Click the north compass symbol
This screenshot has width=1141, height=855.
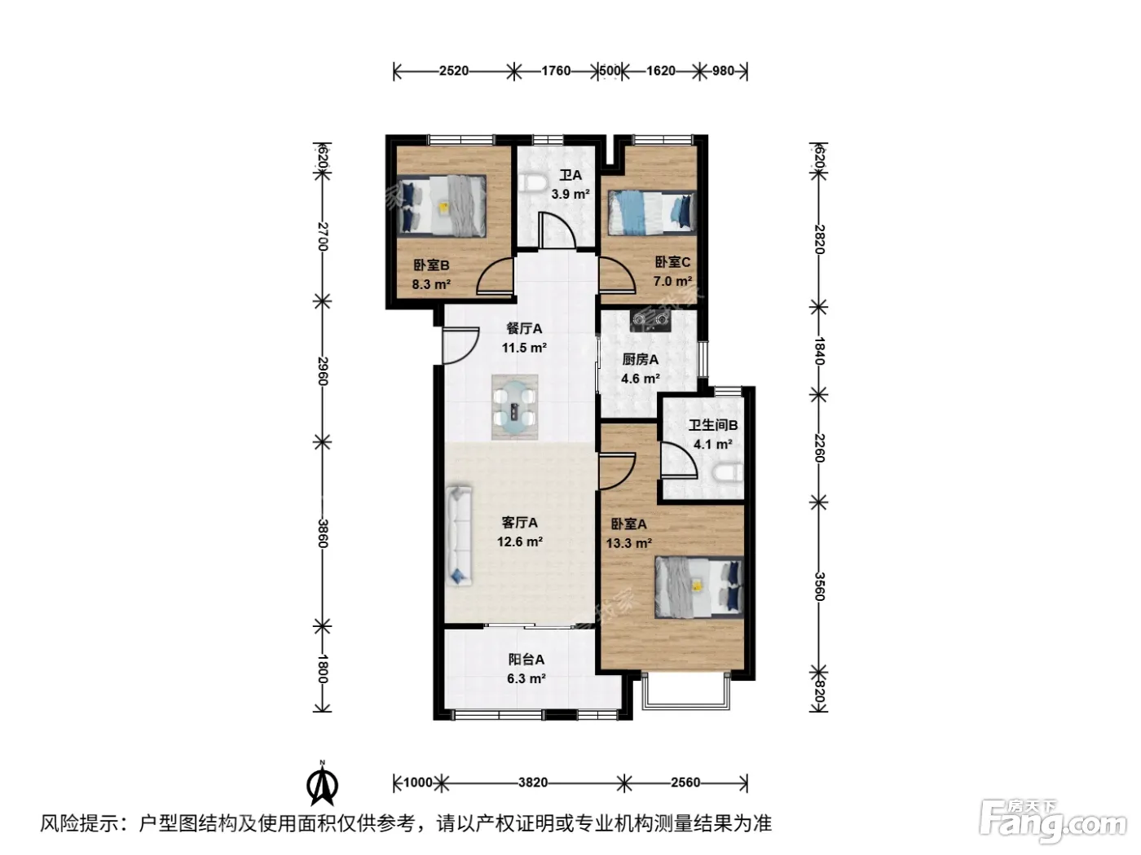point(322,786)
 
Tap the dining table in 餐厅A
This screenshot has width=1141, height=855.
point(514,407)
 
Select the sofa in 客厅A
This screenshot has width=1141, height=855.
point(458,537)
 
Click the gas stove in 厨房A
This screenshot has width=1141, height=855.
point(650,320)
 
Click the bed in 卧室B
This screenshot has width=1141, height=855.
point(442,206)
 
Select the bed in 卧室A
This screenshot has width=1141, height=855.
point(699,587)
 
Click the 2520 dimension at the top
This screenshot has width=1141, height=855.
point(454,71)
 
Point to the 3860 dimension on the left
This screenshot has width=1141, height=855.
point(323,533)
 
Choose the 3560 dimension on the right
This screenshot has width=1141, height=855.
point(819,586)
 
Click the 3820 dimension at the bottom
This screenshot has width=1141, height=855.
point(533,783)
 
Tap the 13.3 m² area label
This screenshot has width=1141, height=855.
point(629,543)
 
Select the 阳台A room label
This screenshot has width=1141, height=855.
point(526,660)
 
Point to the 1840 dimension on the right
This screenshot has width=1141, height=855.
point(819,351)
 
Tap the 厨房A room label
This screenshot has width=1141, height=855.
point(641,359)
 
